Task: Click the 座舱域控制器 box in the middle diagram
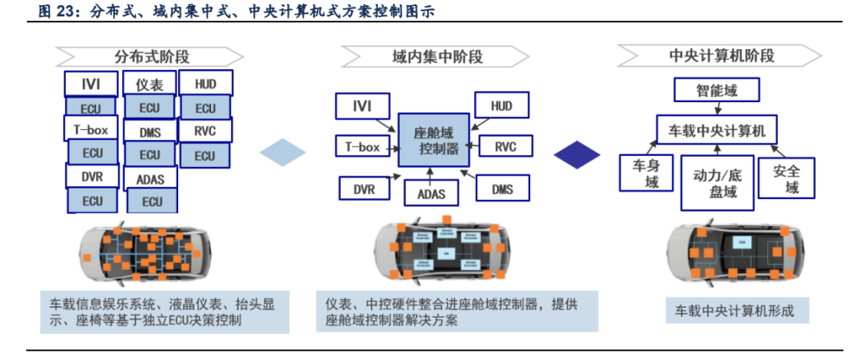coord(433,140)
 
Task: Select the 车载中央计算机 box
coord(717,132)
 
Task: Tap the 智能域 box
coord(716,89)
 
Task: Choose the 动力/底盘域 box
coord(717,183)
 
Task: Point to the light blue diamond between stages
coord(283,153)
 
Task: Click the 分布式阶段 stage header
coord(146,56)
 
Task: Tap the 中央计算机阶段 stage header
coord(721,56)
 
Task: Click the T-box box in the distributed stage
coord(90,129)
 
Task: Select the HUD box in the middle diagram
coord(502,106)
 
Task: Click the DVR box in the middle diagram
coord(363,189)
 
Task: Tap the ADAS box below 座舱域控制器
coord(431,193)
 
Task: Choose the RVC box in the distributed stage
coord(204,131)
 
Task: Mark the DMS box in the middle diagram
coord(503,189)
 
